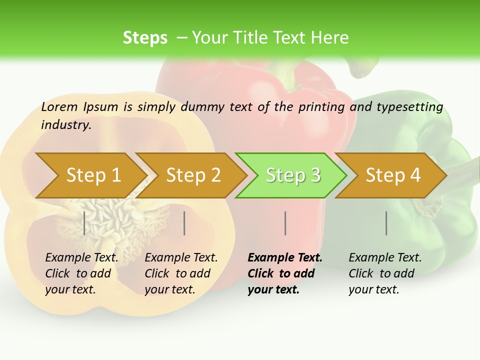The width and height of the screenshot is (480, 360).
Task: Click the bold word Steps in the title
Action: click(x=145, y=38)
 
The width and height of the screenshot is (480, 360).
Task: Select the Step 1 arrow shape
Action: click(x=90, y=175)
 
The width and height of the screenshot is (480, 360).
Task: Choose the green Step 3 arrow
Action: click(x=292, y=175)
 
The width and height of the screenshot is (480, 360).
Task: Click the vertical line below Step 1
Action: click(x=84, y=223)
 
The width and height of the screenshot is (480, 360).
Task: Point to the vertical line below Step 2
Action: click(x=184, y=223)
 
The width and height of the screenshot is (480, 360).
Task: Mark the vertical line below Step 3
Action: click(x=285, y=223)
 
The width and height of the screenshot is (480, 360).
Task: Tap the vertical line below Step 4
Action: click(x=386, y=223)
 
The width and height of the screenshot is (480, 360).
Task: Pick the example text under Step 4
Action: click(x=385, y=273)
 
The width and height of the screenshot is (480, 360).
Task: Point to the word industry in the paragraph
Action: click(x=66, y=125)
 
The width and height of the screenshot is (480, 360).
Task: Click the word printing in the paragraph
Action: click(x=321, y=107)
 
